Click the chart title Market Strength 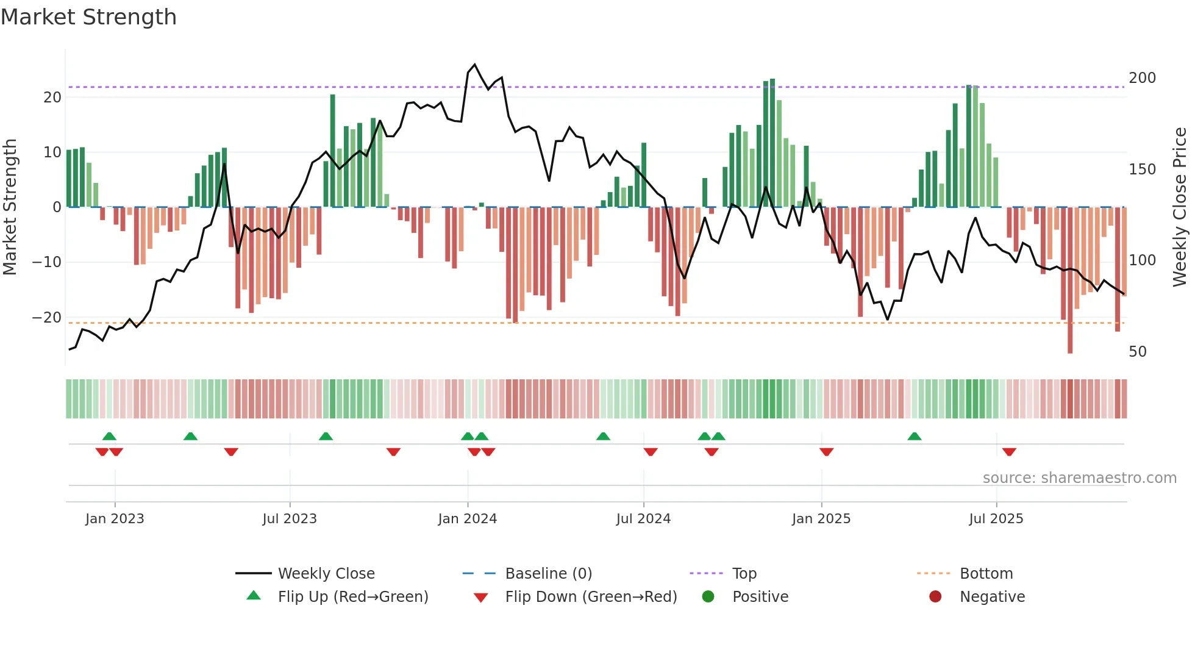point(88,17)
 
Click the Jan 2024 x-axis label point(467,519)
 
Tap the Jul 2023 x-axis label point(290,519)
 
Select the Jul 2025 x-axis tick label point(996,519)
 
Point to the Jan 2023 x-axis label point(115,519)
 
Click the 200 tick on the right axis point(1141,78)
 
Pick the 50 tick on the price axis point(1137,352)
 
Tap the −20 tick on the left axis point(47,318)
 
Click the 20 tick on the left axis point(52,98)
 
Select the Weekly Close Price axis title point(1180,207)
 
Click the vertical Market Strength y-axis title point(10,207)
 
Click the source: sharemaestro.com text point(1079,478)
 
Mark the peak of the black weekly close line point(475,65)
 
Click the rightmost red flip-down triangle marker point(1009,452)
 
